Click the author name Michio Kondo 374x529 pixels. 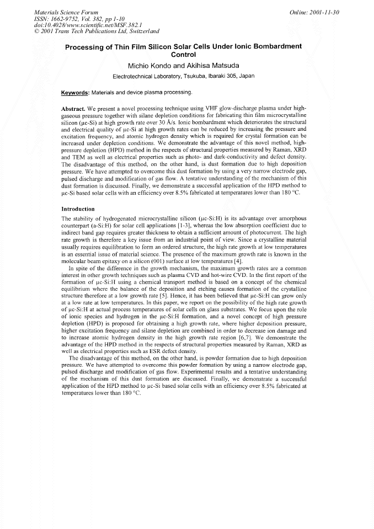(x=148, y=66)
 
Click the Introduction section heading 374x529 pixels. (x=78, y=210)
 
